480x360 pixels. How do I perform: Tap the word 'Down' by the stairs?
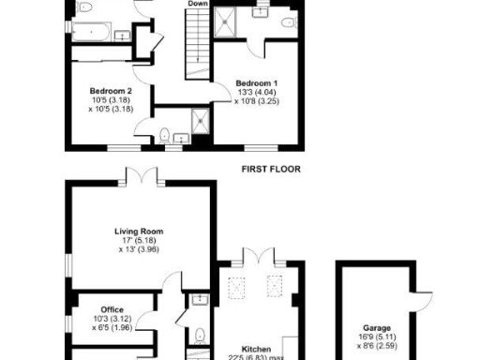point(198,4)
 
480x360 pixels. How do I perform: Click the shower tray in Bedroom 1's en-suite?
point(228,22)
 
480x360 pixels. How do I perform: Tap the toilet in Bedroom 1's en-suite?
point(289,22)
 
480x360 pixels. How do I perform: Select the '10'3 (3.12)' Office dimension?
point(112,319)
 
